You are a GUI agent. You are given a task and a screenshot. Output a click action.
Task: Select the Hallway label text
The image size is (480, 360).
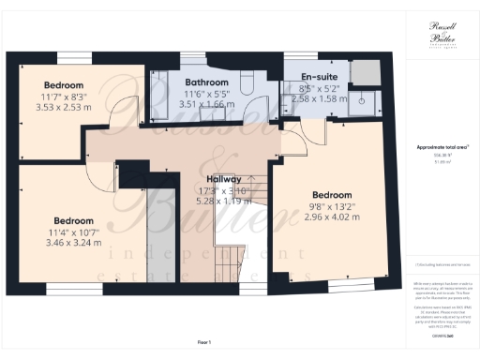click(224, 178)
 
